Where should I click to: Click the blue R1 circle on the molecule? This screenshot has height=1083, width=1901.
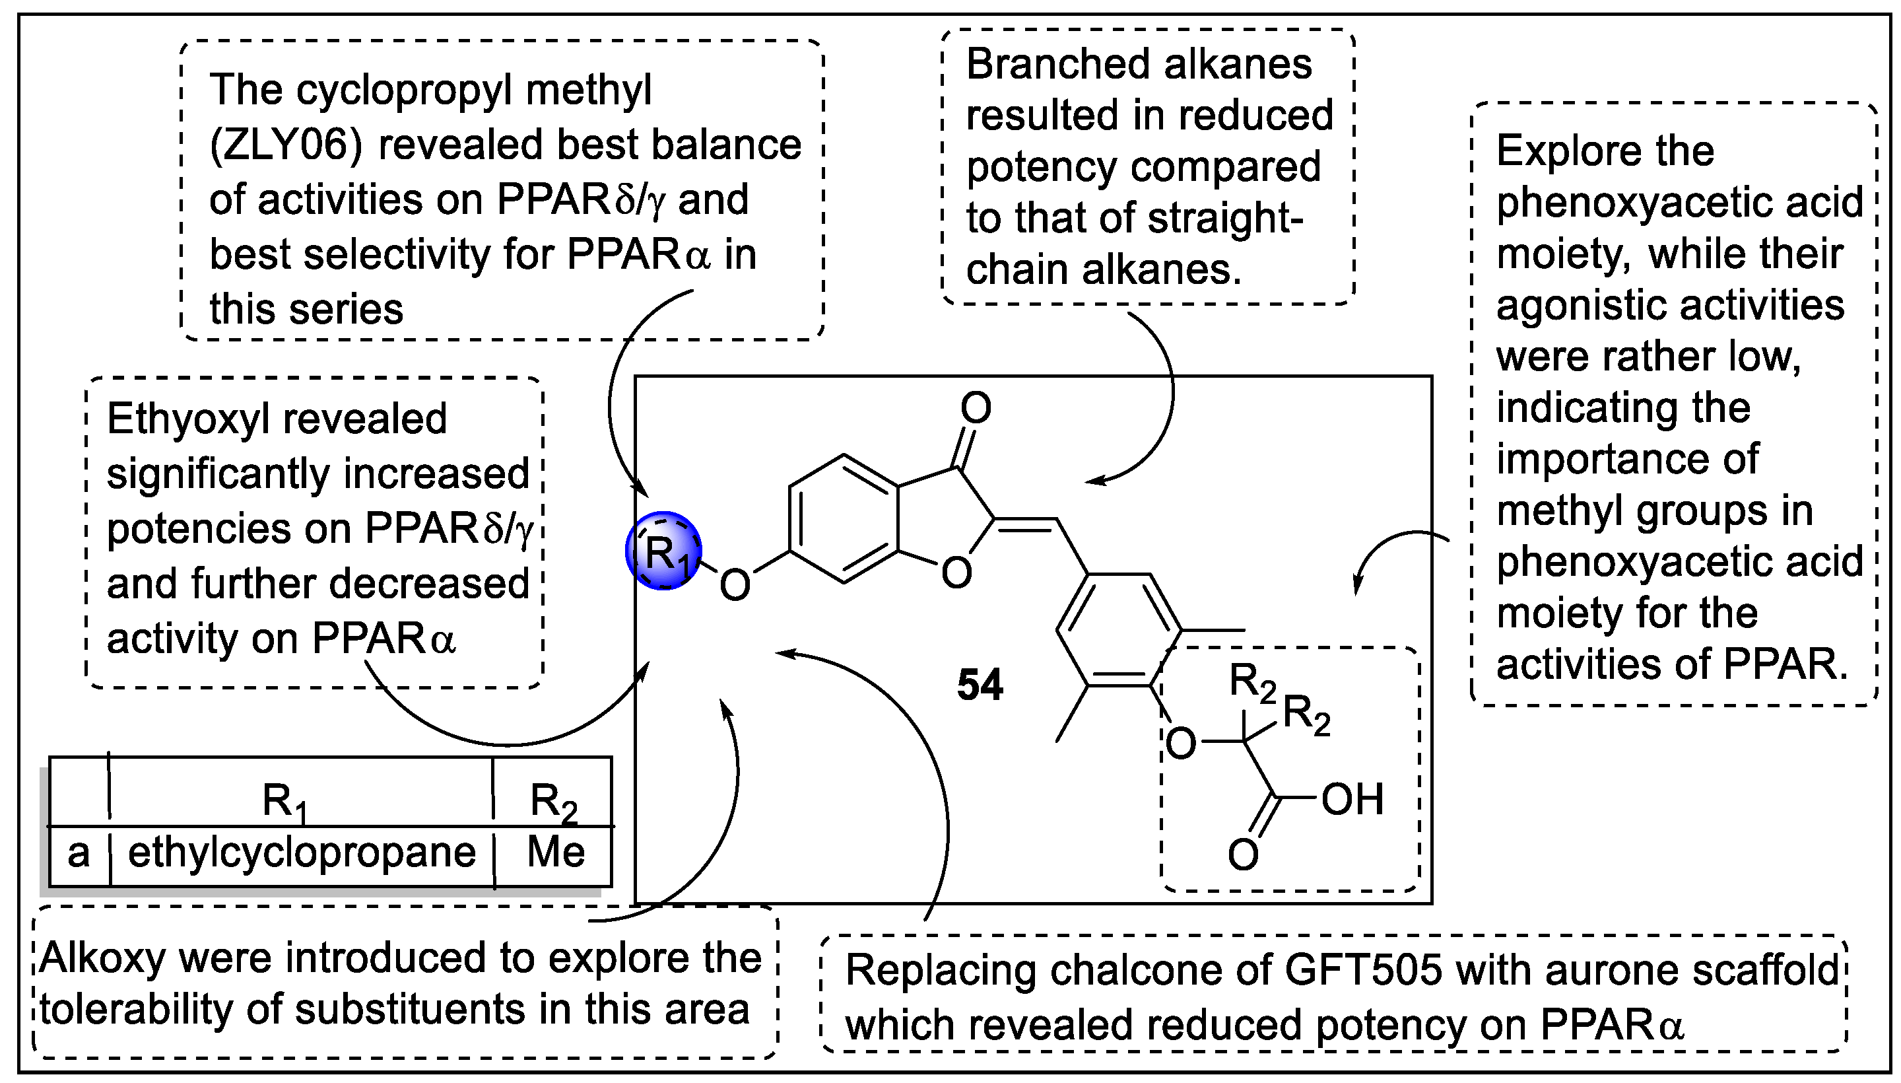[x=664, y=551]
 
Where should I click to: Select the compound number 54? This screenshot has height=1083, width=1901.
[x=979, y=684]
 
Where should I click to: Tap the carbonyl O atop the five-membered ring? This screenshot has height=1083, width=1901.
[x=976, y=408]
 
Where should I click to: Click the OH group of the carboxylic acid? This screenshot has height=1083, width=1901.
[x=1352, y=800]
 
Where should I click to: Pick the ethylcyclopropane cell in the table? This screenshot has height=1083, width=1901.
[x=301, y=853]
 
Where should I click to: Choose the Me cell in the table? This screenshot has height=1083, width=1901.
[x=555, y=853]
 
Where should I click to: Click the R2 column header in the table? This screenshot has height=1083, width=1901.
[x=553, y=802]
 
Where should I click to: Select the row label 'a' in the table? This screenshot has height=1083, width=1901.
[x=78, y=853]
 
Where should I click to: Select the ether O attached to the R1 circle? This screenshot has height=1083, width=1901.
[x=735, y=585]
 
